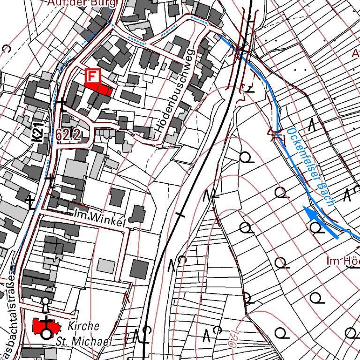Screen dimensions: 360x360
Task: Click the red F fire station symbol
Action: coord(93,75)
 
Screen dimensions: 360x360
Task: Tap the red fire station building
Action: coord(101,89)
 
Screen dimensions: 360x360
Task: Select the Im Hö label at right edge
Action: coord(344,261)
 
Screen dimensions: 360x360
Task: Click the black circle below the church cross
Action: coord(46,334)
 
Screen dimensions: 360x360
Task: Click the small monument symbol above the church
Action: coord(45,303)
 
